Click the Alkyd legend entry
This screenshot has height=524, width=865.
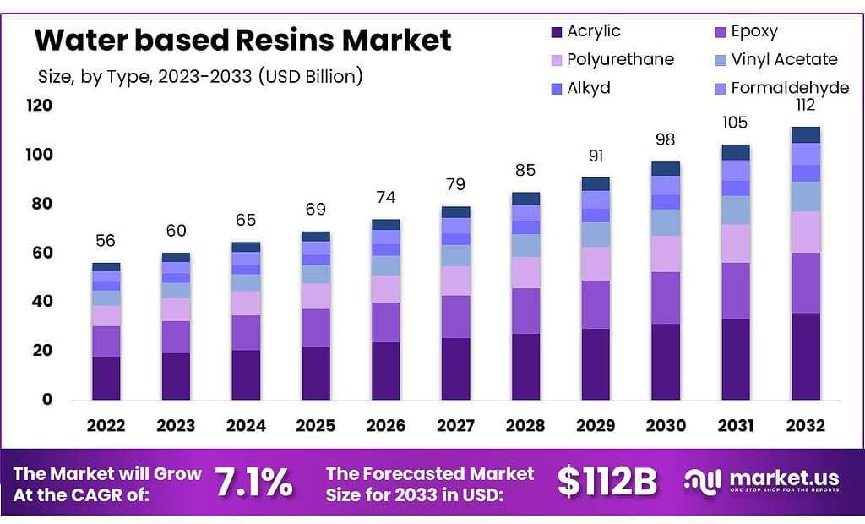588,88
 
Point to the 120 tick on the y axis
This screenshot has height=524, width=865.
40,106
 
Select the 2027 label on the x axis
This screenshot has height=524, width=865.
456,425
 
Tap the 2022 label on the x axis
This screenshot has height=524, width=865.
106,425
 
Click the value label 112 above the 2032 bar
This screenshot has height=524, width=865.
805,105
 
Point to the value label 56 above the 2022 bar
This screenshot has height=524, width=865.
106,241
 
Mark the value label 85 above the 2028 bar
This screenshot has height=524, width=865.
525,170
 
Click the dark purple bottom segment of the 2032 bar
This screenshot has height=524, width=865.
805,357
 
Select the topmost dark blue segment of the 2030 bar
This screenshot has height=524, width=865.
666,168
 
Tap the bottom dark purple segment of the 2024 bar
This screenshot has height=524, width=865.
246,374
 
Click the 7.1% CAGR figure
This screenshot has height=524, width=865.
253,483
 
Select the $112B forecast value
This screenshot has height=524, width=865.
607,482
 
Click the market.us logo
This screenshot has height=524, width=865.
761,482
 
